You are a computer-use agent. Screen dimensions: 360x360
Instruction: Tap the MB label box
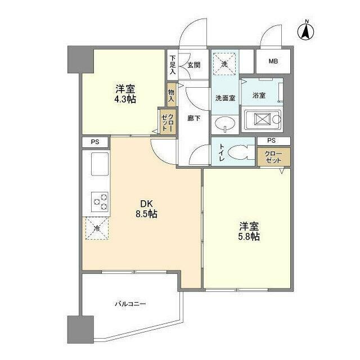pos(273,61)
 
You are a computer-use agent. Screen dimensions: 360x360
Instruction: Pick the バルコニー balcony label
pos(130,304)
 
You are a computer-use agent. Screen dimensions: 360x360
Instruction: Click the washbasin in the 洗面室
pos(227,124)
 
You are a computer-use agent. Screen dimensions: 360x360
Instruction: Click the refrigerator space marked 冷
pos(97,228)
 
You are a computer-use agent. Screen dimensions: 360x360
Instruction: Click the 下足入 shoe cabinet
pos(173,65)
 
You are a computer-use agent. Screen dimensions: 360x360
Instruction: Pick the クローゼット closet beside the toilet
pos(274,157)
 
